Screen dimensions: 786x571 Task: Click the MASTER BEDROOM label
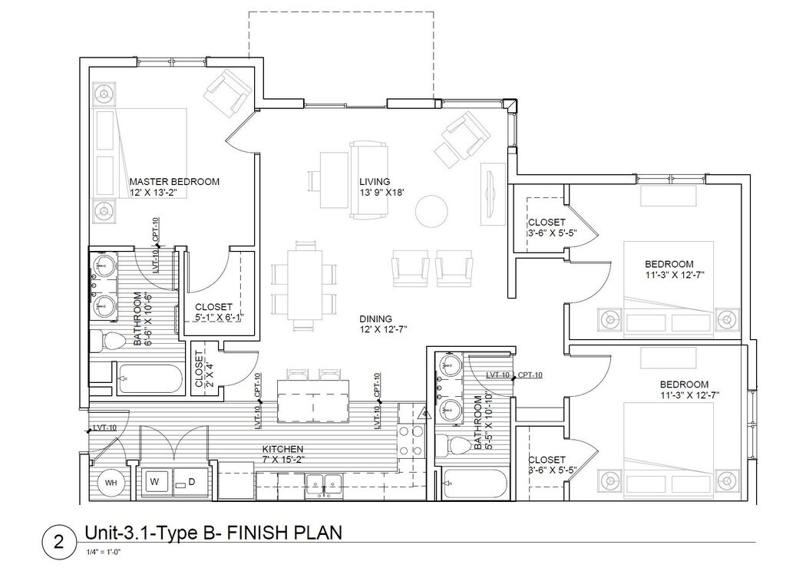pyautogui.click(x=174, y=181)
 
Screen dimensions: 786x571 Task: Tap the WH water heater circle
pyautogui.click(x=111, y=483)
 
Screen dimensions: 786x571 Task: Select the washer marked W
pyautogui.click(x=156, y=482)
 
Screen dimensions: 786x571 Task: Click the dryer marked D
pyautogui.click(x=191, y=482)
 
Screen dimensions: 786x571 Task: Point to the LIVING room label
pyautogui.click(x=375, y=181)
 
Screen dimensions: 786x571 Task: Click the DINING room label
pyautogui.click(x=375, y=319)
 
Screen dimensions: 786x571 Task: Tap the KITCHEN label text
pyautogui.click(x=282, y=449)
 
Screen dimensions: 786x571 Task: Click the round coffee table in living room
pyautogui.click(x=431, y=211)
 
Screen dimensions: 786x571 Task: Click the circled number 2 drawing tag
pyautogui.click(x=58, y=542)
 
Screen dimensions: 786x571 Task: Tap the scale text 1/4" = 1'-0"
pyautogui.click(x=104, y=552)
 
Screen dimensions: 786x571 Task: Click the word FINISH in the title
pyautogui.click(x=256, y=533)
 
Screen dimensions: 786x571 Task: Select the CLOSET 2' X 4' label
pyautogui.click(x=204, y=368)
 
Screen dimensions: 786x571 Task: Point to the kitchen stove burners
pyautogui.click(x=411, y=441)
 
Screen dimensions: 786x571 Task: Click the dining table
pyautogui.click(x=304, y=285)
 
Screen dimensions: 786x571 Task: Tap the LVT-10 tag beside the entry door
pyautogui.click(x=104, y=427)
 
